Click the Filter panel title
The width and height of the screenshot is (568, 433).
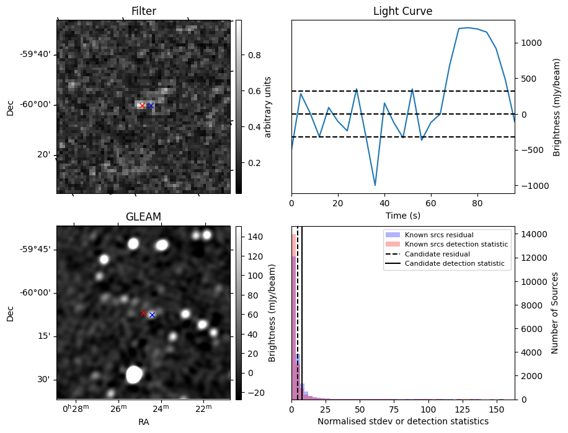143,11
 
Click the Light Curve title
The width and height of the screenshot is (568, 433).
402,11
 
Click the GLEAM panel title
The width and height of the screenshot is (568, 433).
143,216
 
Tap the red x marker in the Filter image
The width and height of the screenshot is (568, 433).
142,106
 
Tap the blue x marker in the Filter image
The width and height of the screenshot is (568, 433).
151,106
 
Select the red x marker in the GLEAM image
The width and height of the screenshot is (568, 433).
143,313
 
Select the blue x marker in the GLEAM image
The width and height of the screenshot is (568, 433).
152,315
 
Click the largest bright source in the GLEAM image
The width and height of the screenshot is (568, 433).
134,374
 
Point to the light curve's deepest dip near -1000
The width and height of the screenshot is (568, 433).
375,185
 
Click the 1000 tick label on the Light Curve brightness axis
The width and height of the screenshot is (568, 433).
531,43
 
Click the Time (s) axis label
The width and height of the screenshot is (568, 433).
402,216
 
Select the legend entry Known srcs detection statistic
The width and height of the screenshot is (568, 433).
456,244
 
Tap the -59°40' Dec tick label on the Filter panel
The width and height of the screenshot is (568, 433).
36,55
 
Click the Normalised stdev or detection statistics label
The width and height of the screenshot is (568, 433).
402,421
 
